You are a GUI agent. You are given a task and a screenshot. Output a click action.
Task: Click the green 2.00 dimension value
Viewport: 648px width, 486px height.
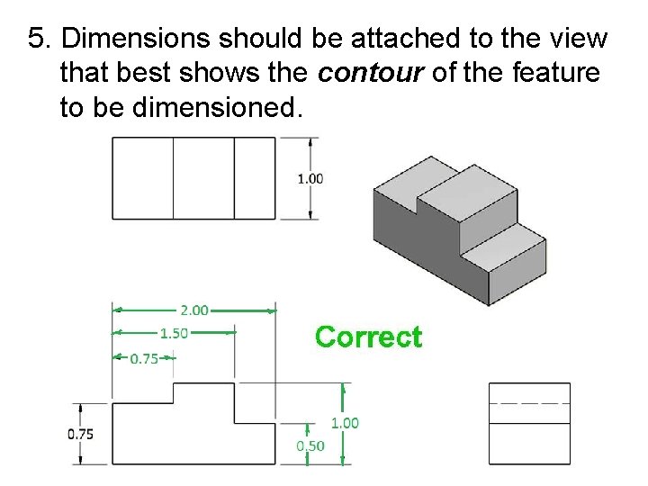pyautogui.click(x=194, y=310)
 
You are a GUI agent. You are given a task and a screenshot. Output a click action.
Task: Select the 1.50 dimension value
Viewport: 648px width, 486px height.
pyautogui.click(x=174, y=333)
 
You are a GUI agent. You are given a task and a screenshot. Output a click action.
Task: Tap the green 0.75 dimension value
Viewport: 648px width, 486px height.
pyautogui.click(x=145, y=357)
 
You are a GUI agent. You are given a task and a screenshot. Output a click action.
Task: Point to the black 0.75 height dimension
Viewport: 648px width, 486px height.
pyautogui.click(x=80, y=433)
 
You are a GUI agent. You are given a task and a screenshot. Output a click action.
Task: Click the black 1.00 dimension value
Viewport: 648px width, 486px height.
pyautogui.click(x=310, y=178)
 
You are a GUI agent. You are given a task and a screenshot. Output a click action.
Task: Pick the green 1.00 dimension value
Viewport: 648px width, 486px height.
pyautogui.click(x=345, y=422)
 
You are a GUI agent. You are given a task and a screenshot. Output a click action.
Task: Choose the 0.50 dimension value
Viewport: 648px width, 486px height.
pyautogui.click(x=310, y=445)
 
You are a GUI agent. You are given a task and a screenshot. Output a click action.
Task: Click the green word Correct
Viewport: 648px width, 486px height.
pyautogui.click(x=368, y=337)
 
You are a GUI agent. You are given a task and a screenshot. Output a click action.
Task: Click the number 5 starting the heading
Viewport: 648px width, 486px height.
pyautogui.click(x=36, y=39)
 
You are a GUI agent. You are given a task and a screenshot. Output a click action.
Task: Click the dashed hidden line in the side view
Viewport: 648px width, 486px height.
pyautogui.click(x=529, y=402)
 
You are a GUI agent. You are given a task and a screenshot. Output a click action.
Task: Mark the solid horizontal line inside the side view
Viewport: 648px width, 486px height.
pyautogui.click(x=529, y=422)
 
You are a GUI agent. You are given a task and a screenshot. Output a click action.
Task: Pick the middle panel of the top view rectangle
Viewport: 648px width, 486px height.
pyautogui.click(x=203, y=177)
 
